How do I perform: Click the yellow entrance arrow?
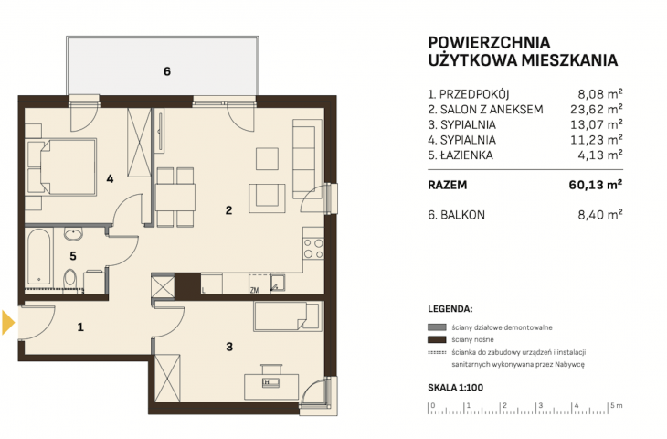tap(8, 322)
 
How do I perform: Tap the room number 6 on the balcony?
tap(166, 71)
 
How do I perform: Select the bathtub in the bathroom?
tap(38, 257)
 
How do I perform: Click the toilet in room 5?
tap(69, 281)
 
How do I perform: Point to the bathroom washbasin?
tap(73, 234)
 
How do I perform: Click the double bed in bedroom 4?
tap(62, 166)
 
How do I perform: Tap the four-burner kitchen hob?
tap(313, 249)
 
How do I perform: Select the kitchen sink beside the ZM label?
tap(278, 284)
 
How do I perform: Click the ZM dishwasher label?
tap(254, 291)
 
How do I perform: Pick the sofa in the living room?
tap(307, 158)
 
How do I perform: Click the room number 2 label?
tap(228, 210)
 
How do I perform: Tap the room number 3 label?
tap(229, 347)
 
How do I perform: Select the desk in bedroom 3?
tap(272, 387)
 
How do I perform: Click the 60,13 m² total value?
tap(596, 185)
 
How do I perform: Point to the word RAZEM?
tap(448, 186)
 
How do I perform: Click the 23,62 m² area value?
tap(597, 110)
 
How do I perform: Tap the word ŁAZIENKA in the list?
tap(467, 155)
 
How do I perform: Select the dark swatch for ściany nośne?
tap(437, 339)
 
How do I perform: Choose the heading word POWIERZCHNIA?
tap(489, 43)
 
